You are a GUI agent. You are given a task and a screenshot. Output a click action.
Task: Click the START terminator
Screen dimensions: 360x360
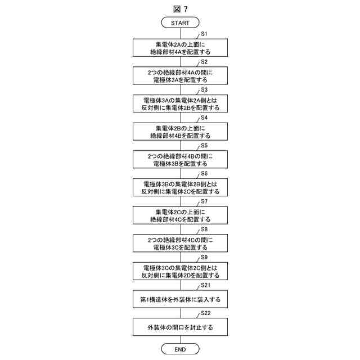180,22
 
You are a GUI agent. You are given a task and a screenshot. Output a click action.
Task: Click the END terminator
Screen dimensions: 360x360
180,349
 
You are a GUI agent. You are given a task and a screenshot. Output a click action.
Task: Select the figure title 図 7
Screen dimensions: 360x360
180,8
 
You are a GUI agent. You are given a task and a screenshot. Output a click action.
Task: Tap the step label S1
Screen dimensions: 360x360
204,34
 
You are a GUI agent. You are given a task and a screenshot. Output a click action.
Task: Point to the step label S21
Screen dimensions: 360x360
206,286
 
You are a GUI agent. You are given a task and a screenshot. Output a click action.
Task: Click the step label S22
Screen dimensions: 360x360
206,313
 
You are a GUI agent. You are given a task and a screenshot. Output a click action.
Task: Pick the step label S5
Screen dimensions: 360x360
204,146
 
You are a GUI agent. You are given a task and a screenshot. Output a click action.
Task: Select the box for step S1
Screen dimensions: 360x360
180,47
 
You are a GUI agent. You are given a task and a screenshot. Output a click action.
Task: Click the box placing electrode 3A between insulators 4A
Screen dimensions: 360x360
180,75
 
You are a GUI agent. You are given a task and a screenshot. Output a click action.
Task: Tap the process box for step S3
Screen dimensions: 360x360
180,103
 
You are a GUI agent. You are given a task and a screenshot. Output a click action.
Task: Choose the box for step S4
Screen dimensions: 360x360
180,131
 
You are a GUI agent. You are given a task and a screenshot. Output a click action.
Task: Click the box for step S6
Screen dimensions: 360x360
180,187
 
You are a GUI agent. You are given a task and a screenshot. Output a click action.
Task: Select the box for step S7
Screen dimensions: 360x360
180,215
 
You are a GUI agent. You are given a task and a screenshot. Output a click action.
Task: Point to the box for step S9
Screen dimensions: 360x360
180,271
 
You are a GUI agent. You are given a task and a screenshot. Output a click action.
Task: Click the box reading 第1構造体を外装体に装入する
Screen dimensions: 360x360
180,299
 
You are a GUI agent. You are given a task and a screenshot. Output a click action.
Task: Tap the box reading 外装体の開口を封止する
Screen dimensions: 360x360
180,327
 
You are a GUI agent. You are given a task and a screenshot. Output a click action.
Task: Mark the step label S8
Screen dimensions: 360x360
204,229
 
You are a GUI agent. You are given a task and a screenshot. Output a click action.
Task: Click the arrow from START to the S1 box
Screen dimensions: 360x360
180,33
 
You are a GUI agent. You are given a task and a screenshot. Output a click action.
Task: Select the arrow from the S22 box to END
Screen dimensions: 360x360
180,340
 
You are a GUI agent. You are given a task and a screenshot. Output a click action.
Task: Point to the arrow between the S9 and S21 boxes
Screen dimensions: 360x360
180,285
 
